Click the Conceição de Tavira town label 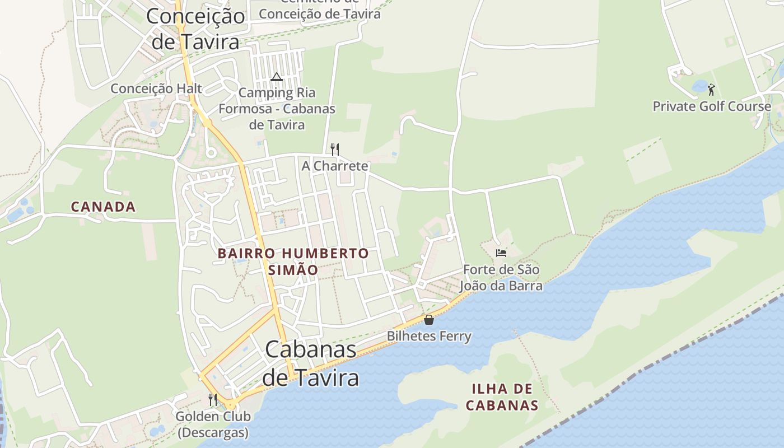[195, 28]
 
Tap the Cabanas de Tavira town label [310, 363]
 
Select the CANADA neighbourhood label [103, 207]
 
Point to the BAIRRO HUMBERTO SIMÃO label [293, 261]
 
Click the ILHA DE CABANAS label [502, 397]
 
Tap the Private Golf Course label [712, 106]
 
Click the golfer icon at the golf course [711, 89]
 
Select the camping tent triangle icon [276, 77]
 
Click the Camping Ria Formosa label [277, 109]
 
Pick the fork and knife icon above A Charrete [335, 149]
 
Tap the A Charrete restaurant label [335, 166]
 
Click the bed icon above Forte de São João [501, 253]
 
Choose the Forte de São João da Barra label [501, 278]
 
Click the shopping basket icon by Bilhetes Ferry [429, 320]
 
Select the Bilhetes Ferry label [429, 336]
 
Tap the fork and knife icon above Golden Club [213, 399]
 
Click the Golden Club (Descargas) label [213, 424]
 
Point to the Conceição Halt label [156, 88]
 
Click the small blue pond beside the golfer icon [699, 86]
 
